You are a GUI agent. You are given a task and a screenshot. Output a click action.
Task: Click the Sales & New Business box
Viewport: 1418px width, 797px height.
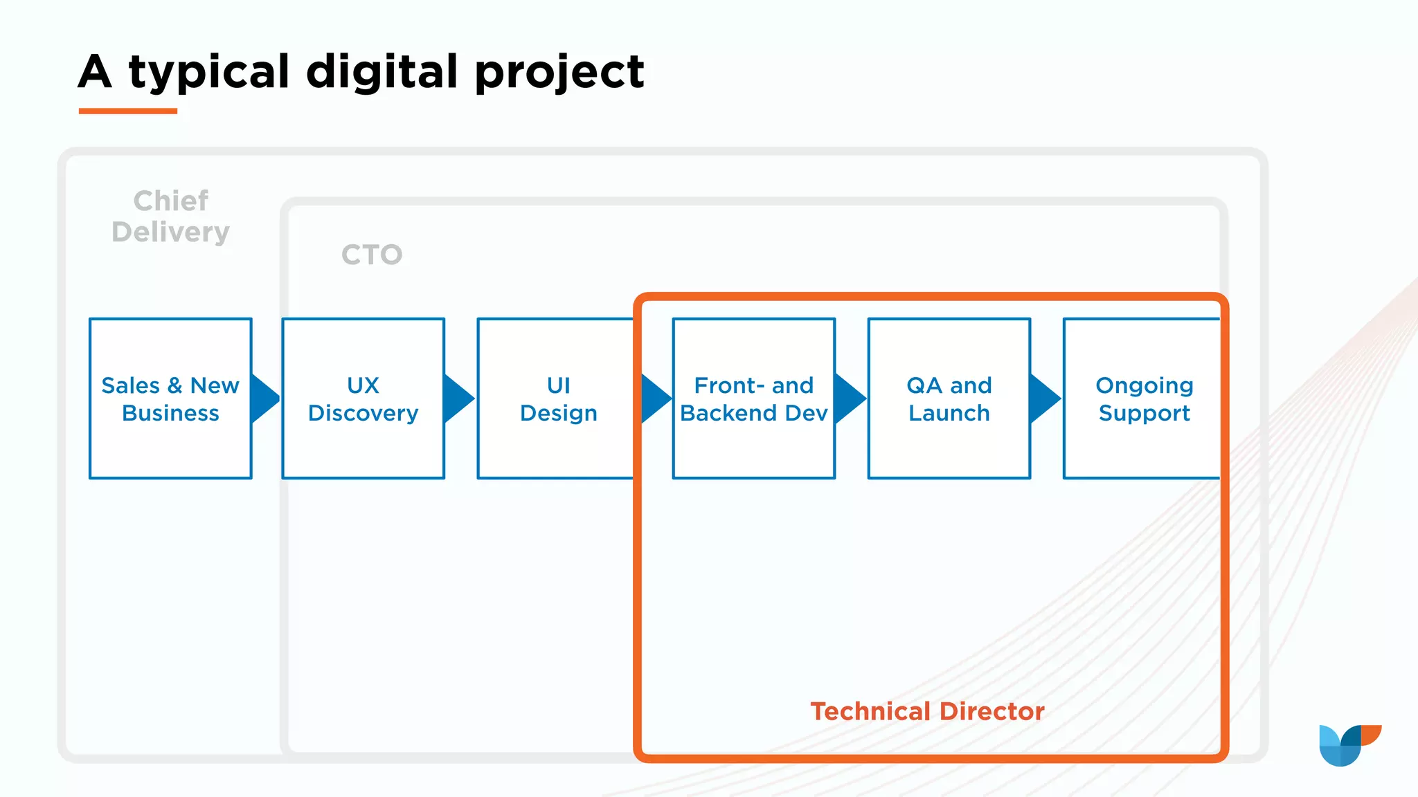[x=170, y=398]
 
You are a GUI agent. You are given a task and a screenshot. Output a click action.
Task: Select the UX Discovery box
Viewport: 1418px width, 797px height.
[x=363, y=398]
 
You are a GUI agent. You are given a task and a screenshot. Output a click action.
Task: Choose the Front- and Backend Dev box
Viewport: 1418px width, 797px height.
[x=753, y=398]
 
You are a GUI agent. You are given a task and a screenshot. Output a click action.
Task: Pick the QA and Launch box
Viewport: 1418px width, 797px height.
[x=949, y=398]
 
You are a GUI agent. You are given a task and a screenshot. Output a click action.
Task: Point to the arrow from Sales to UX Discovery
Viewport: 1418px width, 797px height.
[x=264, y=398]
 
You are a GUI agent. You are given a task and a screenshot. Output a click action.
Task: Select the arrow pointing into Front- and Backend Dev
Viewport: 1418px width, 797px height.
[x=654, y=398]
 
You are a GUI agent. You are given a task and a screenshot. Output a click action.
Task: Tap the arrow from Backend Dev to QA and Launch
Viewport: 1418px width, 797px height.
[x=849, y=398]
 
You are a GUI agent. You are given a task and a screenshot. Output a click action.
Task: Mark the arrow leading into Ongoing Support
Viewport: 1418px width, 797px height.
[x=1043, y=398]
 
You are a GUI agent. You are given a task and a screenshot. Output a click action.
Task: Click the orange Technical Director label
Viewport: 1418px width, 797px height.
[x=927, y=711]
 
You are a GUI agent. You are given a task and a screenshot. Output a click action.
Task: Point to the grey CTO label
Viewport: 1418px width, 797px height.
[x=372, y=255]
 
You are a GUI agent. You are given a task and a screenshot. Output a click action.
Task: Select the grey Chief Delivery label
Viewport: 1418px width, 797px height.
[x=170, y=217]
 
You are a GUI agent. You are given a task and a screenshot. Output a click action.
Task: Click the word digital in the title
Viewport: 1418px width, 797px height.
[x=382, y=72]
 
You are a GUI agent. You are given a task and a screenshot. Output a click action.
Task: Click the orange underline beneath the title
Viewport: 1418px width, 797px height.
[x=128, y=111]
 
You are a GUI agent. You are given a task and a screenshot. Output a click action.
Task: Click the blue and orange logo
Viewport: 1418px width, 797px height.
[x=1349, y=744]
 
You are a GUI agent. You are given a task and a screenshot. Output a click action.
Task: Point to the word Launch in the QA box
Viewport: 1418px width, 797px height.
[x=949, y=413]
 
